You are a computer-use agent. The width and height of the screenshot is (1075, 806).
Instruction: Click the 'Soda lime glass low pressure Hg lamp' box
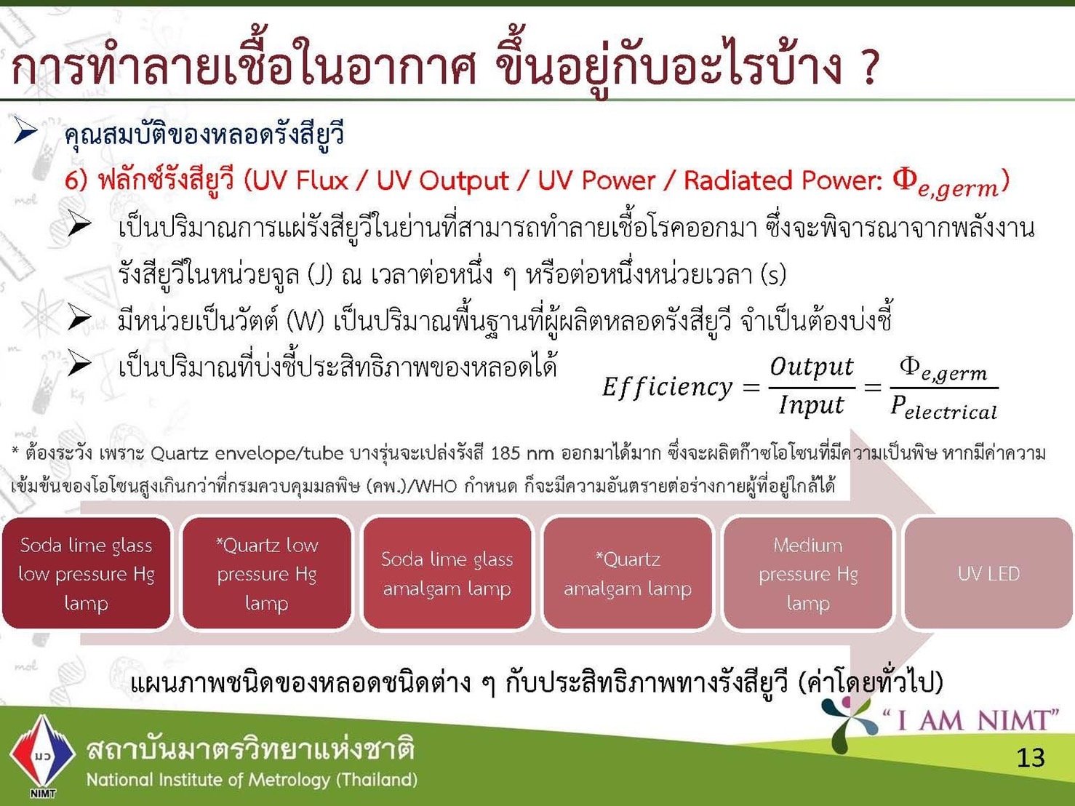click(x=87, y=573)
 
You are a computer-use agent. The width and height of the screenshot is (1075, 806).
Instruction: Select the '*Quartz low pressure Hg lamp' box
click(x=267, y=573)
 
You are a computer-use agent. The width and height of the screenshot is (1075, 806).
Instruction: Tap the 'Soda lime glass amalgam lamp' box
click(x=447, y=573)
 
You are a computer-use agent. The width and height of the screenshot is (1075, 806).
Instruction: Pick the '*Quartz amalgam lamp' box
click(x=628, y=573)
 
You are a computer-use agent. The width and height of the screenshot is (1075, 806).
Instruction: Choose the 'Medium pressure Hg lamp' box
click(x=808, y=573)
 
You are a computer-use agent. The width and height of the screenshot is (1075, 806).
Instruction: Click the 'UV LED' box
click(x=988, y=573)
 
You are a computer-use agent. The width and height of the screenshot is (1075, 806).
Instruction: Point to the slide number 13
click(x=1031, y=757)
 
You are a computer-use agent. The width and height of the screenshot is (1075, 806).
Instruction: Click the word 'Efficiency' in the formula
click(x=667, y=387)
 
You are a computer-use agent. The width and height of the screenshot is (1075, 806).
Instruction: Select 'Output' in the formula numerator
click(x=812, y=367)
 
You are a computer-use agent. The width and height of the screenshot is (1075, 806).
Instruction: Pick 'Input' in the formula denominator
click(x=812, y=405)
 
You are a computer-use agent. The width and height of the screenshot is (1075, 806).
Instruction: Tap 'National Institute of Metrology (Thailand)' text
click(x=252, y=780)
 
